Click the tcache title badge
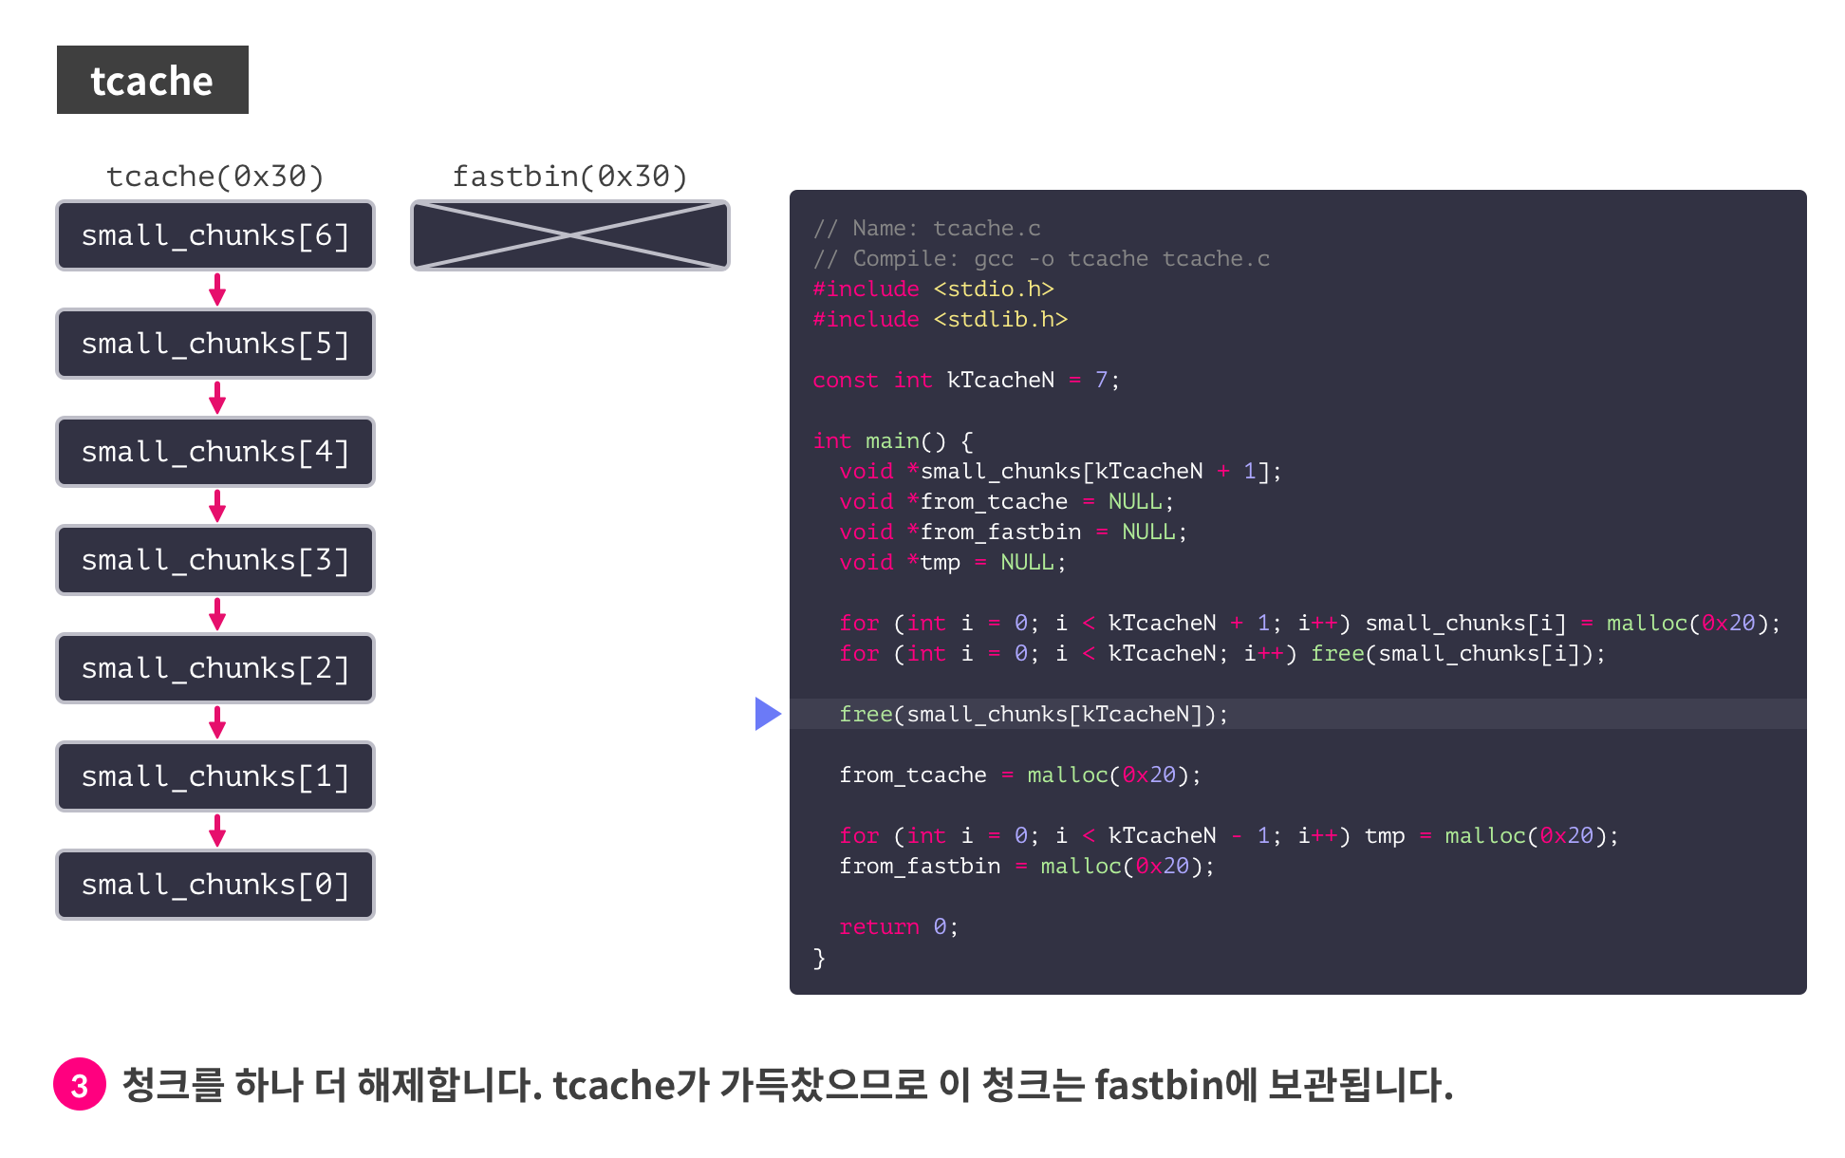(152, 80)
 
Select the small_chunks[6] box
(215, 235)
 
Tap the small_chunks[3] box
(215, 560)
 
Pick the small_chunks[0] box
(215, 885)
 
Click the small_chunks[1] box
(215, 776)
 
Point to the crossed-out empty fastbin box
(569, 235)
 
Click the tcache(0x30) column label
(215, 177)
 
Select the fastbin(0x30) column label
(569, 177)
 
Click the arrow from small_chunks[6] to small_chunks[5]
(217, 289)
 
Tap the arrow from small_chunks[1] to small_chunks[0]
(217, 831)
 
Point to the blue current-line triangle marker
(767, 714)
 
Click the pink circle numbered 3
(80, 1084)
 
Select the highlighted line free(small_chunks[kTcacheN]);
(1033, 714)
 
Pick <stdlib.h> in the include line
(1000, 319)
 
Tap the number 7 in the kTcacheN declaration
(1101, 380)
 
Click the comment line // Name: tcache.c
(926, 228)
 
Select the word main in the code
(892, 440)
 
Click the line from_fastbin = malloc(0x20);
(1025, 866)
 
